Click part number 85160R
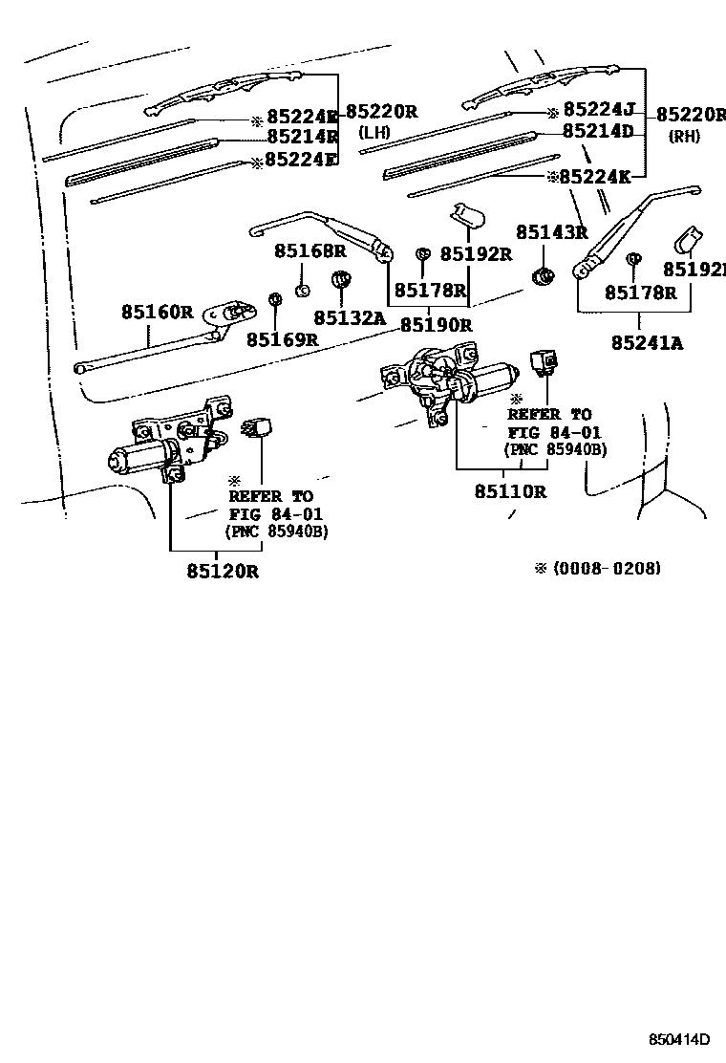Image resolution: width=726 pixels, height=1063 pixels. pos(157,312)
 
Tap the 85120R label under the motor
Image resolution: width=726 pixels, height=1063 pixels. pos(223,571)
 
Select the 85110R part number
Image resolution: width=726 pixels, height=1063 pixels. pos(510,491)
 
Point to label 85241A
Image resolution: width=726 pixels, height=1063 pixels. pos(648,341)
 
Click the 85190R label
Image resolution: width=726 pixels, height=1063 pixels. pos(436,324)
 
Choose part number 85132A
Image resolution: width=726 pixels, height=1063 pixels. pos(350,317)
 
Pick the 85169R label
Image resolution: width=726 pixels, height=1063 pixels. pos(282,339)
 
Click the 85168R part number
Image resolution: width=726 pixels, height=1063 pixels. pos(310,250)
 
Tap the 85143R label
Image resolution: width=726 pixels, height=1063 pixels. pos(551,231)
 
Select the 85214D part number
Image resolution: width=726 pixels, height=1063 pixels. pos(598,131)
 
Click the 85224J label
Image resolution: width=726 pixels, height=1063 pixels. pos(597,109)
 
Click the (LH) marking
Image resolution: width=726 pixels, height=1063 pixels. pos(375,133)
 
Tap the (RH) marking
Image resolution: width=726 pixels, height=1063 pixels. pos(683,136)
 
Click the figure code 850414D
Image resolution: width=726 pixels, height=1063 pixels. pos(679,1039)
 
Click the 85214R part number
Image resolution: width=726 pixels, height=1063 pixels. pos(302,137)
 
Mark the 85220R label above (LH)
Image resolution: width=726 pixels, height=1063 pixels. pos(381,111)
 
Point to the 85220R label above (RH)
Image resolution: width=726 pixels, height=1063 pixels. pos(690,114)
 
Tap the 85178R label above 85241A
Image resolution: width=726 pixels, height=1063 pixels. pos(640,293)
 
